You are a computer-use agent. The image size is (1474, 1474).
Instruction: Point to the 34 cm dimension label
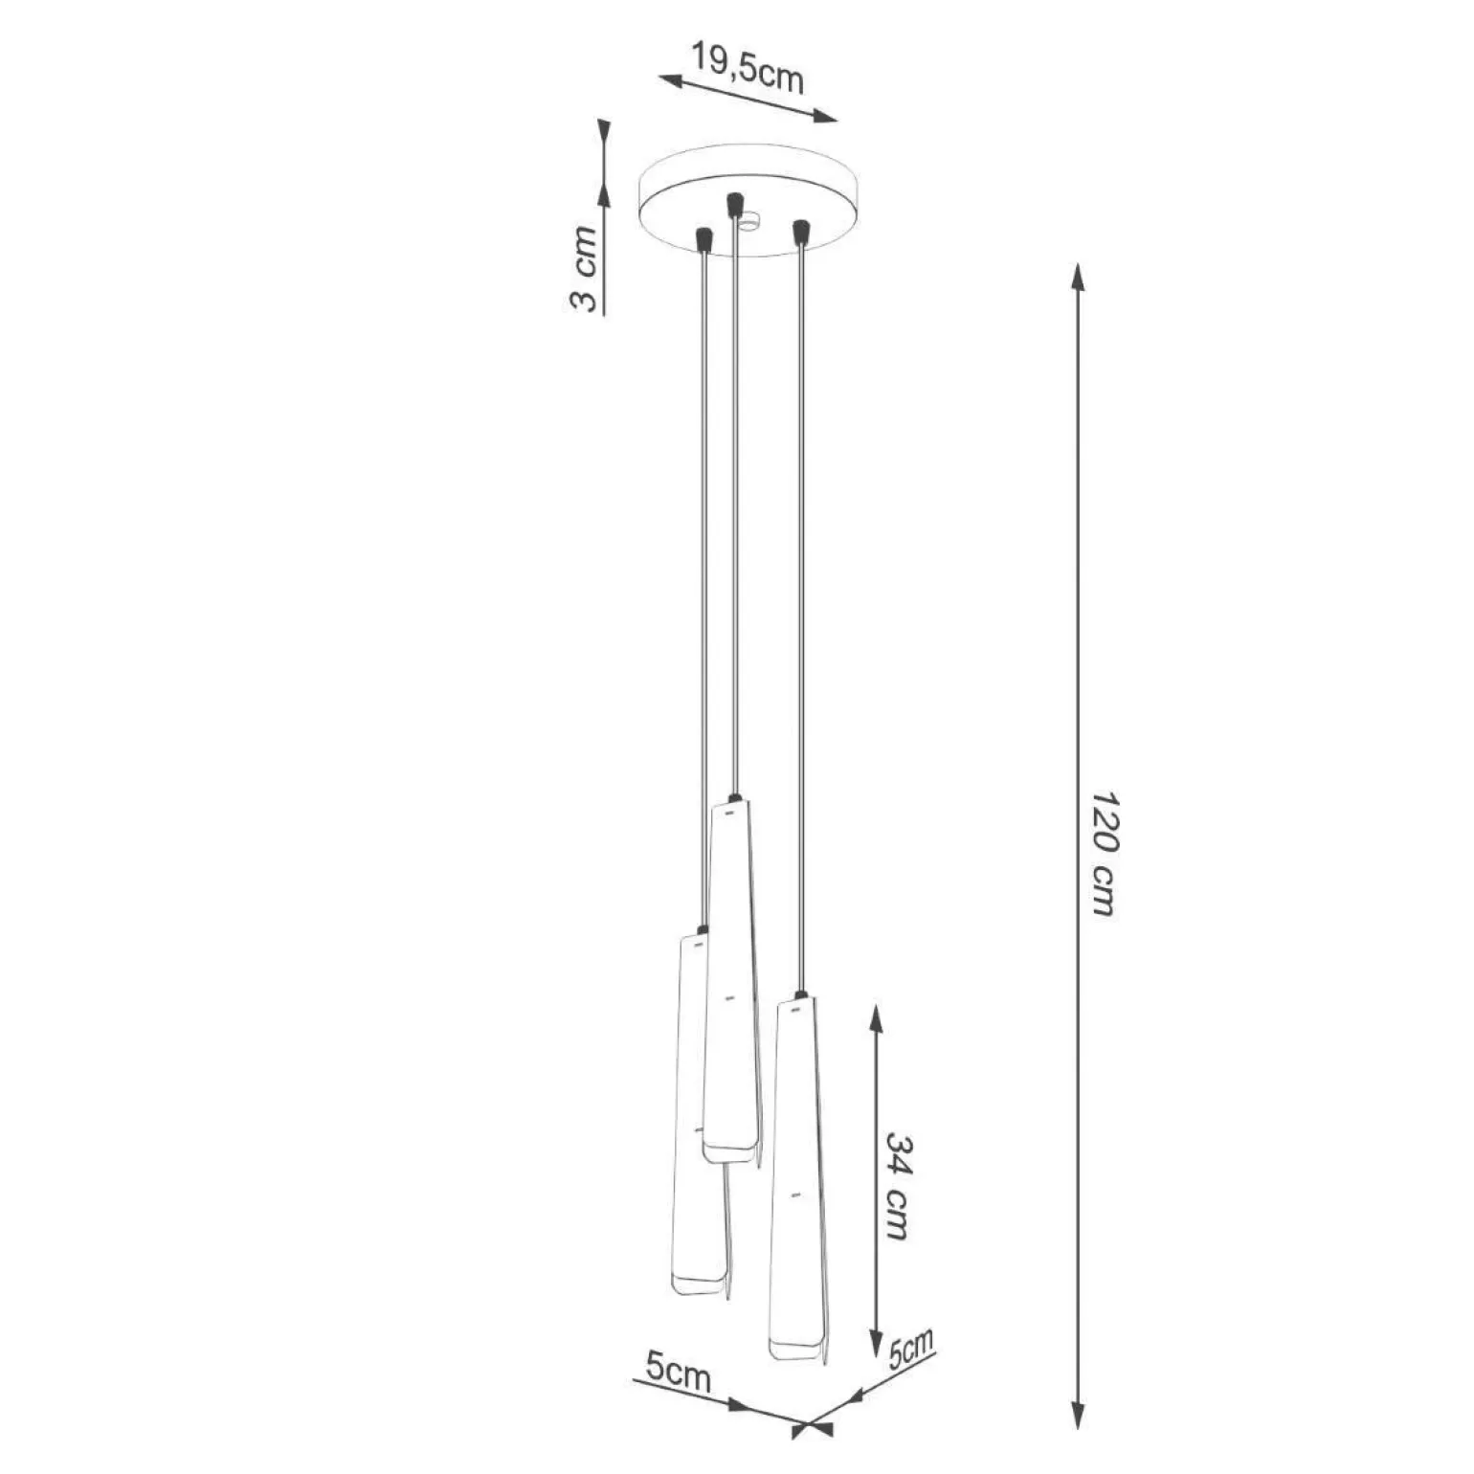pyautogui.click(x=896, y=1187)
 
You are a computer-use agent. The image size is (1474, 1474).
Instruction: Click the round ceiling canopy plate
pyautogui.click(x=749, y=203)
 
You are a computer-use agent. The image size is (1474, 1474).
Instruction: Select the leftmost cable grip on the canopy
pyautogui.click(x=704, y=239)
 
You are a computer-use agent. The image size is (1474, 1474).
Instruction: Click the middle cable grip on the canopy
pyautogui.click(x=735, y=206)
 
